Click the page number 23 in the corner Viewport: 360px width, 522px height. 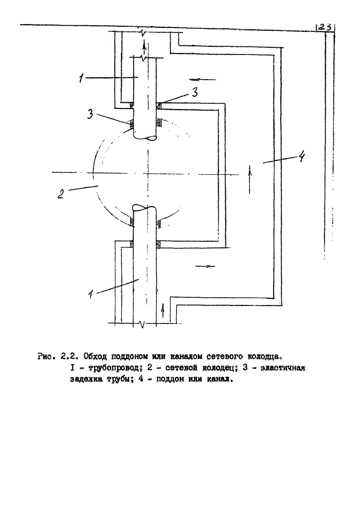click(x=323, y=27)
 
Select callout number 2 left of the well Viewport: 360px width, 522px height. click(x=61, y=193)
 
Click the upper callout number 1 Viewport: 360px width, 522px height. click(x=82, y=79)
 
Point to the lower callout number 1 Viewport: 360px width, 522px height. click(x=90, y=295)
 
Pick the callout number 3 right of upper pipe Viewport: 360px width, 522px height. click(x=195, y=92)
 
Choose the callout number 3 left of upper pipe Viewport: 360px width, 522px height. click(x=90, y=115)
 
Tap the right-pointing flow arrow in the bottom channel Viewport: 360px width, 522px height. click(x=205, y=266)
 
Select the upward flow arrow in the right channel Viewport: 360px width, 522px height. click(x=250, y=179)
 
